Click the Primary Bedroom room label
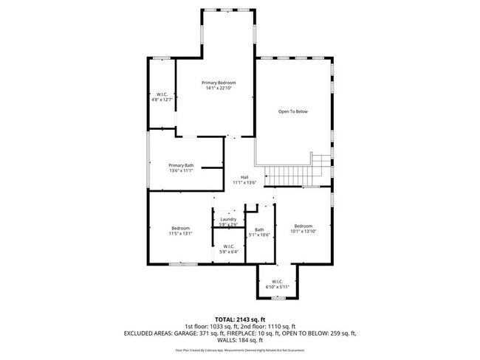click(x=219, y=82)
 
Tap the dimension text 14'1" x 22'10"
click(x=219, y=89)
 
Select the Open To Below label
click(x=292, y=111)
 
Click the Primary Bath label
click(x=181, y=165)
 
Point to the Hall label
click(x=244, y=177)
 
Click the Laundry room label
click(x=228, y=219)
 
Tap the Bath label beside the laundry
click(x=259, y=229)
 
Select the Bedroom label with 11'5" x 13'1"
click(x=181, y=229)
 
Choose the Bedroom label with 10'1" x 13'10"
click(x=304, y=226)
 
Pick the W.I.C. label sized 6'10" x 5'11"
click(x=277, y=281)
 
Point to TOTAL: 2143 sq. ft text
click(x=239, y=318)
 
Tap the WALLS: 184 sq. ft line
click(x=239, y=341)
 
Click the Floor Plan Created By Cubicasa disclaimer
click(x=239, y=350)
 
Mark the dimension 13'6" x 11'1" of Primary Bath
click(x=181, y=171)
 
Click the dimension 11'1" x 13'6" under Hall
click(x=244, y=182)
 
